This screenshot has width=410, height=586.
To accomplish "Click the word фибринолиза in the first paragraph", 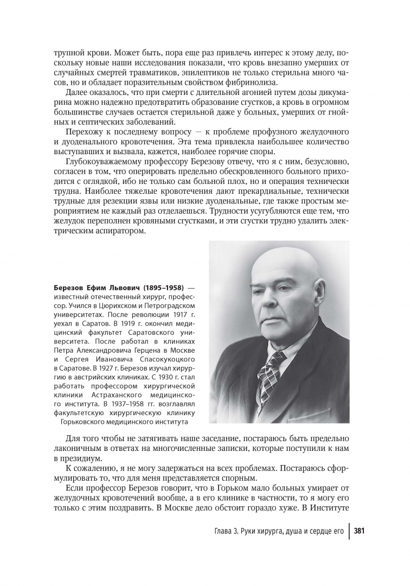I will [x=249, y=82].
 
